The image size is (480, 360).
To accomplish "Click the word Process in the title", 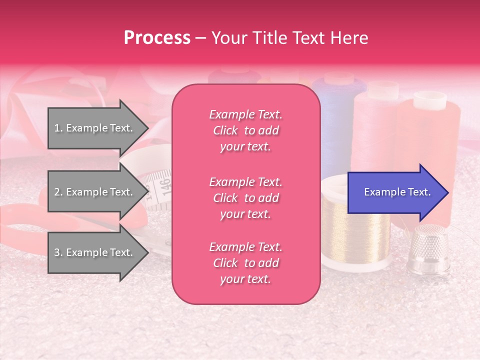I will (157, 38).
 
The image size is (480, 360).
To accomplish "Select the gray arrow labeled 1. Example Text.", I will (95, 128).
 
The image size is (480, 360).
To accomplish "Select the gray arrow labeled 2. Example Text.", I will (95, 192).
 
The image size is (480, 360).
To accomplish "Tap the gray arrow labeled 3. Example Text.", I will (95, 252).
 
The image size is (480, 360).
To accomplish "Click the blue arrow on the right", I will (395, 192).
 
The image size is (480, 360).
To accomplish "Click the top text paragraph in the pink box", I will (245, 130).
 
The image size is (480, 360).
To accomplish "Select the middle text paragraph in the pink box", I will (245, 198).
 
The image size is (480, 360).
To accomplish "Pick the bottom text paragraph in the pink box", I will (245, 263).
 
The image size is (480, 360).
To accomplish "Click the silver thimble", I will (426, 252).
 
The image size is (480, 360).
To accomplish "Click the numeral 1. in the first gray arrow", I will (58, 128).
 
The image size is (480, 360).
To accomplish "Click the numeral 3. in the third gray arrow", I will (58, 252).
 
